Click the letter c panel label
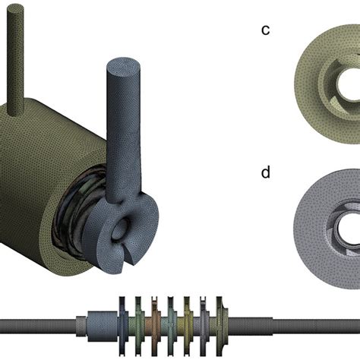pyautogui.click(x=265, y=30)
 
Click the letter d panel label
pyautogui.click(x=266, y=172)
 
